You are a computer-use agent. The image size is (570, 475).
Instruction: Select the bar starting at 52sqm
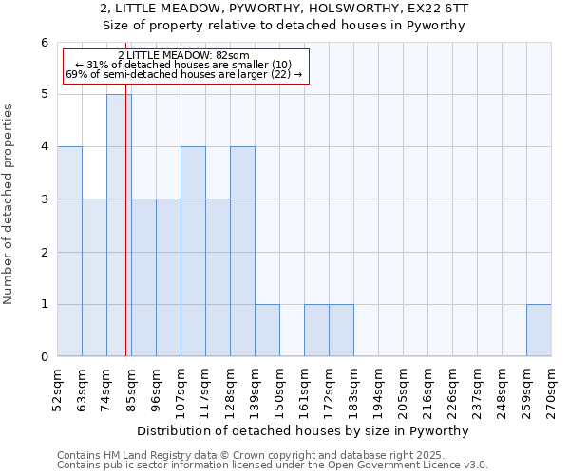69,252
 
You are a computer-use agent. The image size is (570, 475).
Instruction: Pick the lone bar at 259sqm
539,331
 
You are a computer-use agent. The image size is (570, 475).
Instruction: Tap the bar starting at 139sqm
267,331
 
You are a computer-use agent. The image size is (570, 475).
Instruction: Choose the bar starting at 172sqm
341,331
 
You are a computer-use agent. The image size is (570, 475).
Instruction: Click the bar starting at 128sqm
242,252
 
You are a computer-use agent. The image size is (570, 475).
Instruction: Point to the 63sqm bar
94,277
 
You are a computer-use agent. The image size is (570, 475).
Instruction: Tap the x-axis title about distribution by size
304,430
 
